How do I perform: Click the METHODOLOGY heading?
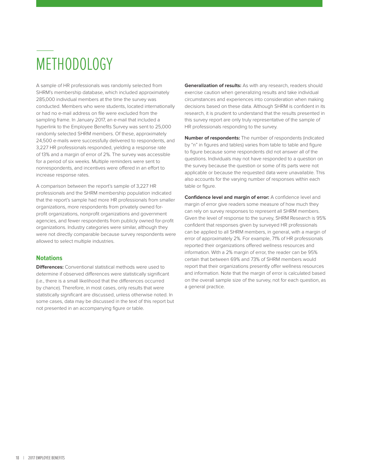click(x=74, y=64)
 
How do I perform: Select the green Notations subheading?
click(x=49, y=258)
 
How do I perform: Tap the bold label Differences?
click(x=50, y=267)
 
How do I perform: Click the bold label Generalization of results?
click(x=213, y=86)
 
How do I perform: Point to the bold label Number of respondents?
click(x=212, y=138)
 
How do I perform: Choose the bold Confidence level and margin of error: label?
click(x=227, y=197)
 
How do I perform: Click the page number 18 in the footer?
click(x=17, y=458)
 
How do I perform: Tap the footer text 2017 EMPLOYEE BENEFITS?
click(x=46, y=458)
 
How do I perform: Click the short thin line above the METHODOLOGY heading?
click(x=45, y=50)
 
